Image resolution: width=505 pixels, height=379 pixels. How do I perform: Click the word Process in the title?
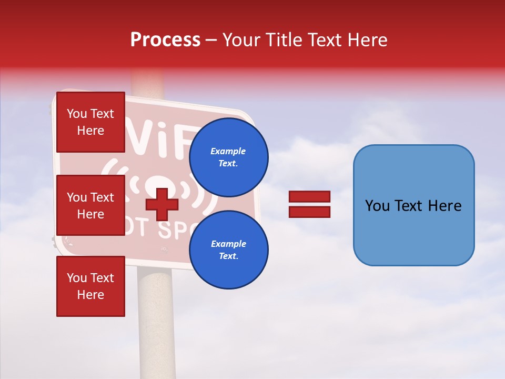165,40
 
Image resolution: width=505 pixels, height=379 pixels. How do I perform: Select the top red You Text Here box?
90,122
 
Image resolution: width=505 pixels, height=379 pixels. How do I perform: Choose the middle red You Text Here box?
90,205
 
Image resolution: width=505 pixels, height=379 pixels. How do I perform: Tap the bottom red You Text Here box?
90,286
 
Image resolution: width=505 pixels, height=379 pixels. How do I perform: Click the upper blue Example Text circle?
228,157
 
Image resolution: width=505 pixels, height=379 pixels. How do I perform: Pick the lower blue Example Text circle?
228,250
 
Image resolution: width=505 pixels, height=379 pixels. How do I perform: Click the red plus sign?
162,204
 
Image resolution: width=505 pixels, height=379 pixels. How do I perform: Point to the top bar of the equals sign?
309,197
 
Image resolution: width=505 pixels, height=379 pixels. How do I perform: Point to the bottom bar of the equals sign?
309,212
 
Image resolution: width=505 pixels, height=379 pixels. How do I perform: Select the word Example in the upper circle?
228,151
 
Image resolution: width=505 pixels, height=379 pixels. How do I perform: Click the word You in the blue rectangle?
377,206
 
